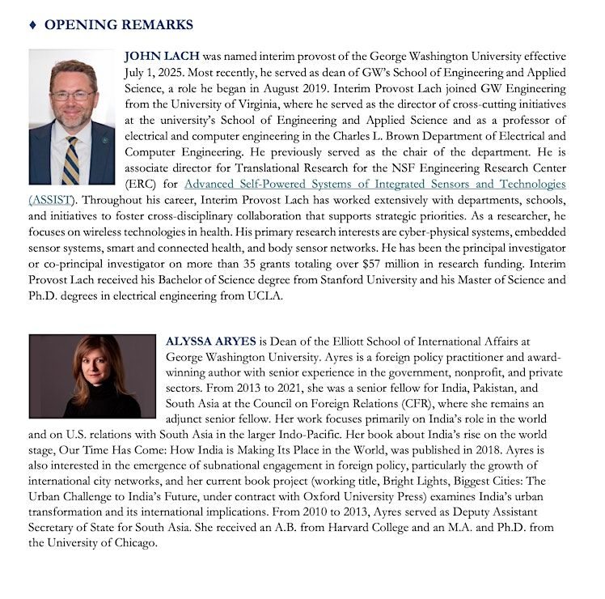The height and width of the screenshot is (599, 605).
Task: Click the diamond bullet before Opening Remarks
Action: (x=32, y=25)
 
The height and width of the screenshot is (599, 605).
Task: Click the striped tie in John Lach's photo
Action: (x=71, y=159)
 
